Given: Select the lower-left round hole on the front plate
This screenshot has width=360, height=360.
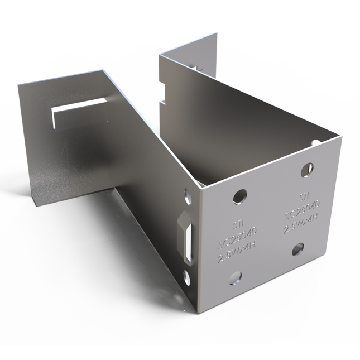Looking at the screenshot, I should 235,277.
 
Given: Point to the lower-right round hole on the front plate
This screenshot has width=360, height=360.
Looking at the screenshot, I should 297,249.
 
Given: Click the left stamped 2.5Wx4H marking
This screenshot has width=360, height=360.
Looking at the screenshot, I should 238,258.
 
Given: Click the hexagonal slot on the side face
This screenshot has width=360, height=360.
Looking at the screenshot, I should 186,238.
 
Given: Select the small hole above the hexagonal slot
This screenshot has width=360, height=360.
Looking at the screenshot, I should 187,196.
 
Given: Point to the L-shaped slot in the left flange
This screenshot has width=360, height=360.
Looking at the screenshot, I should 78,109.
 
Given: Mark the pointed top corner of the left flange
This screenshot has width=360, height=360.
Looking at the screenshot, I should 102,70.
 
